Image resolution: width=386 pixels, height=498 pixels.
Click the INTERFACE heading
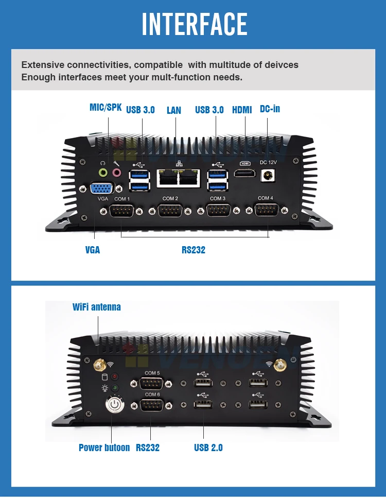pos(194,24)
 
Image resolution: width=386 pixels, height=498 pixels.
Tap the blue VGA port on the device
pos(102,188)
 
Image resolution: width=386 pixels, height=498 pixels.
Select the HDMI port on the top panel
pos(245,173)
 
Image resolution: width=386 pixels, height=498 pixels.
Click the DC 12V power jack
pos(268,176)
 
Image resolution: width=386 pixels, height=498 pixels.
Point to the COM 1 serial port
pos(121,211)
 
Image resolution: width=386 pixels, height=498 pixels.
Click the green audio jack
pos(103,173)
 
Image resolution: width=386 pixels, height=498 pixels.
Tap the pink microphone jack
pos(117,173)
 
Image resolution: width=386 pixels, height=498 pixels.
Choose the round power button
pos(113,405)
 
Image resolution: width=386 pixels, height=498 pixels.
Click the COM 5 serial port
pos(152,384)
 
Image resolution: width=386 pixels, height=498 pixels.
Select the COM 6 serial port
pos(152,405)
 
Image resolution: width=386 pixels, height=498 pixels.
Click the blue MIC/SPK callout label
pos(106,108)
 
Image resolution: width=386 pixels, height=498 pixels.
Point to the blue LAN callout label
pos(174,110)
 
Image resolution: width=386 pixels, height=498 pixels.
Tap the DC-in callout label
pos(270,109)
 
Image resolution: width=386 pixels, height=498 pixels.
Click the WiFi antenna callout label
pos(97,307)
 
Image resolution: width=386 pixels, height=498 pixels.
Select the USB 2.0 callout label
pos(208,448)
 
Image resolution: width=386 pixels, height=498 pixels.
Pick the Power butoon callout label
pos(104,448)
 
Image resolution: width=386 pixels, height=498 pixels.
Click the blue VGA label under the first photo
pos(93,250)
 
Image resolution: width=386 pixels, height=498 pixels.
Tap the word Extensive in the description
pos(42,65)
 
